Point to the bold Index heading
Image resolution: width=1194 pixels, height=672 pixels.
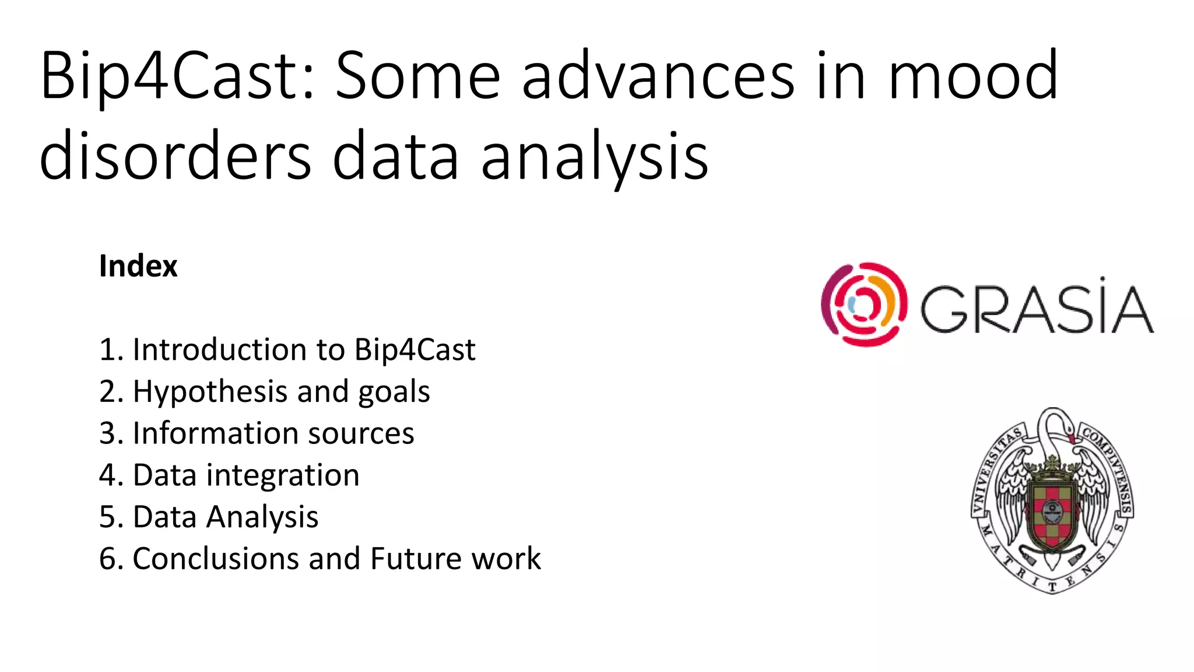tap(138, 267)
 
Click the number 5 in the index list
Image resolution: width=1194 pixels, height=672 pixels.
tap(107, 517)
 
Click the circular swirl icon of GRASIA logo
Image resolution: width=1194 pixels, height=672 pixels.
tap(863, 304)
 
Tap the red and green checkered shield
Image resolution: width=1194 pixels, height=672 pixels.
tap(1052, 513)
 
